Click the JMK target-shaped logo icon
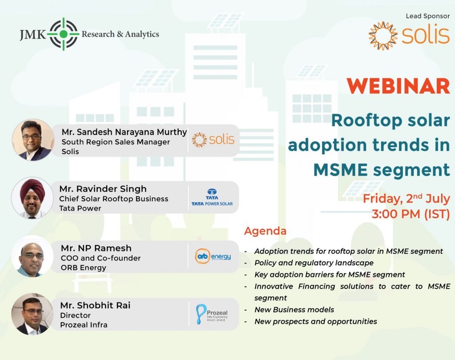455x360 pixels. point(63,34)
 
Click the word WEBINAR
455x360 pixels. point(398,86)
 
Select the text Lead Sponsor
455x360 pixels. point(428,16)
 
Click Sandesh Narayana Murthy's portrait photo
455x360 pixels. point(33,140)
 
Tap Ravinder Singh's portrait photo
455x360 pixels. point(32,198)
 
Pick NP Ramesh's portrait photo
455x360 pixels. point(32,256)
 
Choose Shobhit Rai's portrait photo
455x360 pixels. point(32,314)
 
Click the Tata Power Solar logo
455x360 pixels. point(212,197)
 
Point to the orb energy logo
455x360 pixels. point(213,256)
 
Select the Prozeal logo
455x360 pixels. point(212,314)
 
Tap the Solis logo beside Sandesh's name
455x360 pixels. point(213,140)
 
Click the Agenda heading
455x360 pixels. point(265,232)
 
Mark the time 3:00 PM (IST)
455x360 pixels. point(411,214)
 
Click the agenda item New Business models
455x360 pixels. point(294,310)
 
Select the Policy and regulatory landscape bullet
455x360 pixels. point(314,263)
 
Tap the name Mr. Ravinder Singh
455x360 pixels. point(103,189)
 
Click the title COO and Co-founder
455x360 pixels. point(101,258)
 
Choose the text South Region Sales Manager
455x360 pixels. point(116,142)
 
